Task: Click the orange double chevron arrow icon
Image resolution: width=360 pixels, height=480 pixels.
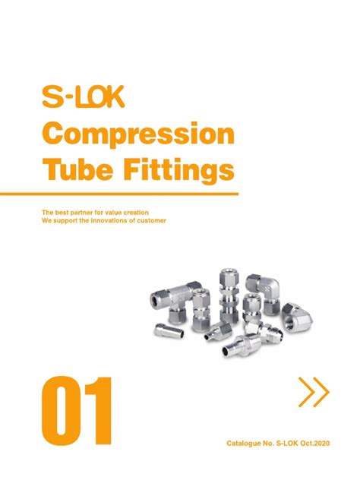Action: pos(314,393)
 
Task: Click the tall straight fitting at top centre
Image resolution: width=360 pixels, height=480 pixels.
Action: pos(227,292)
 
